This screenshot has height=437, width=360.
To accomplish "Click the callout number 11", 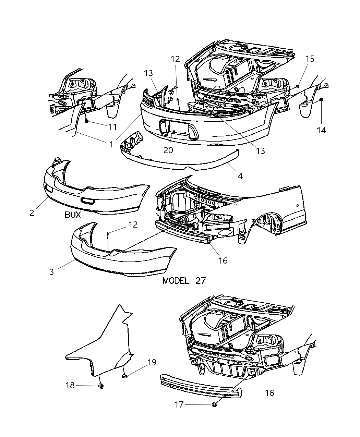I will click(x=112, y=127).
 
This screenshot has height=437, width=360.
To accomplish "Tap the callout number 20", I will click(x=168, y=150).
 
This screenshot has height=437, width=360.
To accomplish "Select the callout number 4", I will click(x=240, y=176).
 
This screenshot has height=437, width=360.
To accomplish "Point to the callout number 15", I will click(x=310, y=59).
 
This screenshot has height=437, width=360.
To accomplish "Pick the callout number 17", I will click(x=179, y=405).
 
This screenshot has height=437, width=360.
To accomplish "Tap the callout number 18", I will click(x=70, y=385).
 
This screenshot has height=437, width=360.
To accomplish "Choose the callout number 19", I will click(x=152, y=362).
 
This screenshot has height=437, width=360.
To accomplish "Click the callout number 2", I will click(x=32, y=213).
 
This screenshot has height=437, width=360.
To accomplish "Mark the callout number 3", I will click(x=52, y=272).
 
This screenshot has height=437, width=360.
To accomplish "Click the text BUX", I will click(x=72, y=215).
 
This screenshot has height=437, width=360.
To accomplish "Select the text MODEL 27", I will click(x=184, y=281).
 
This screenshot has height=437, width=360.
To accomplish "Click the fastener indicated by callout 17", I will click(x=214, y=405).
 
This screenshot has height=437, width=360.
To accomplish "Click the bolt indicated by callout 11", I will click(x=86, y=121).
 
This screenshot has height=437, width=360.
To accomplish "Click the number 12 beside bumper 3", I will click(x=133, y=225).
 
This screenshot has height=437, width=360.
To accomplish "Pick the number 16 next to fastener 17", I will click(x=269, y=393).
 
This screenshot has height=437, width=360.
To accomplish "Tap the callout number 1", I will click(x=111, y=144).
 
